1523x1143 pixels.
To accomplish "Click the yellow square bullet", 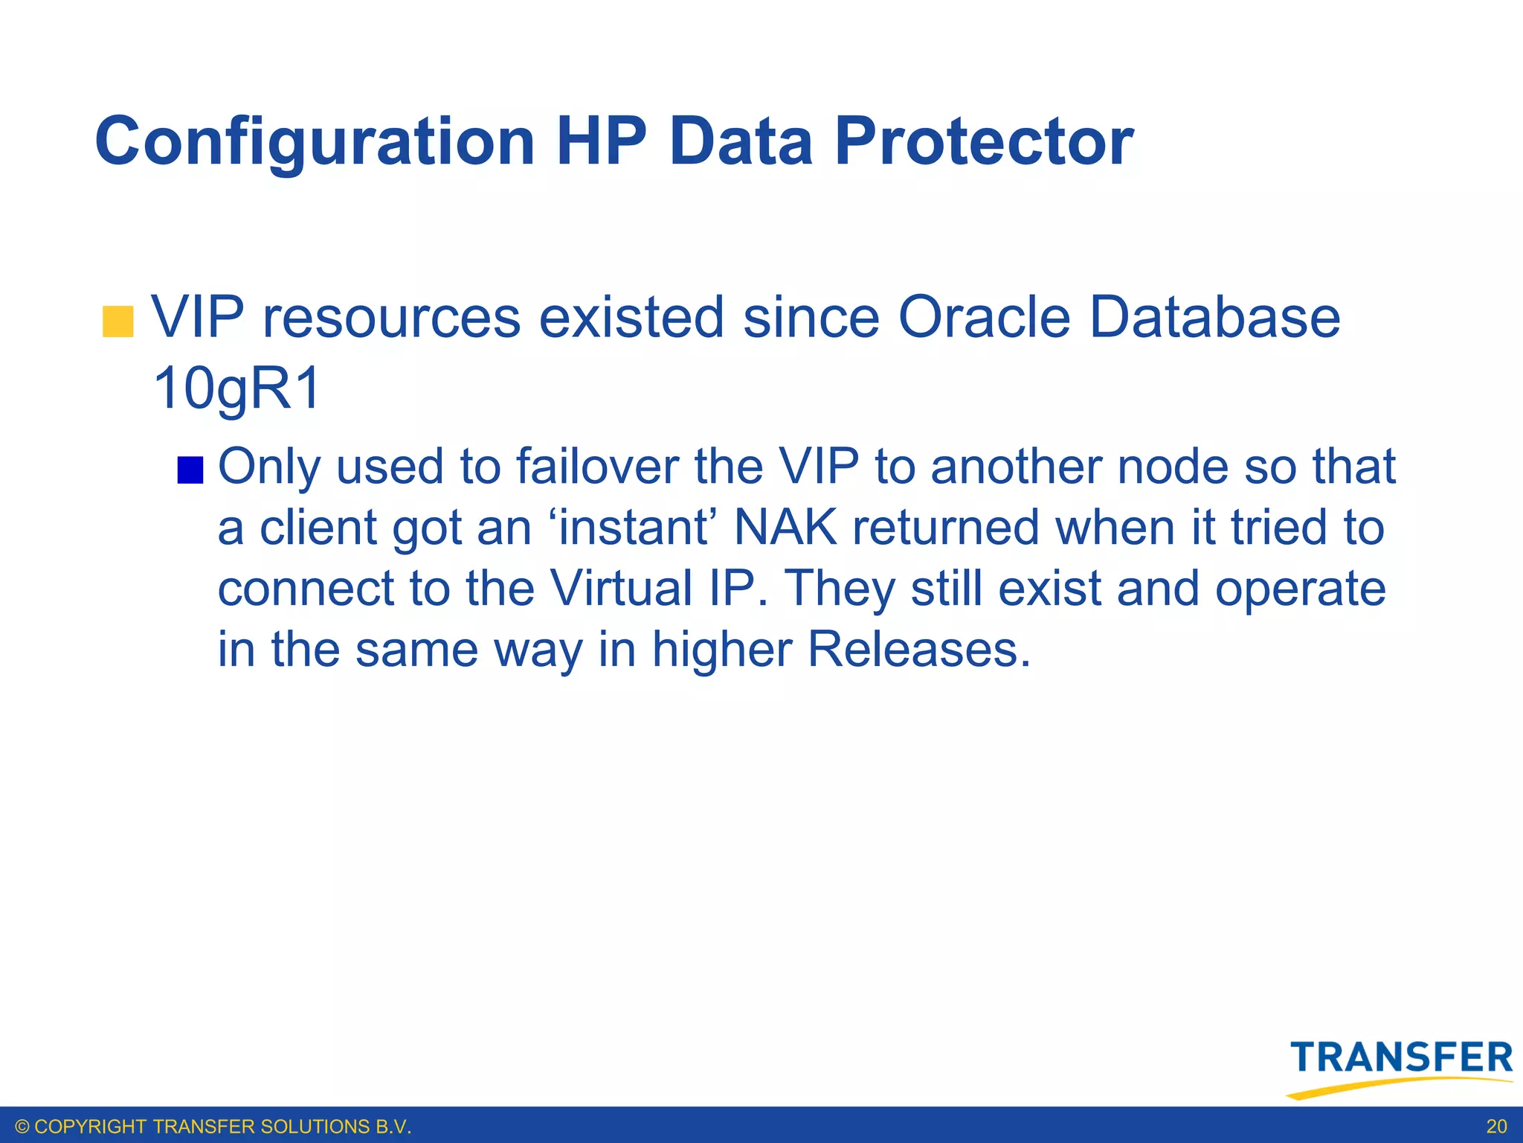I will (x=117, y=321).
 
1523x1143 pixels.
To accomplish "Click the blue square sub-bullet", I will (x=190, y=470).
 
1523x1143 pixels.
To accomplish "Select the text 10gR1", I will (x=236, y=388).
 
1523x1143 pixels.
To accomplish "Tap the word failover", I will (x=597, y=467).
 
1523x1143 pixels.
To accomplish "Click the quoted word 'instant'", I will (x=631, y=528).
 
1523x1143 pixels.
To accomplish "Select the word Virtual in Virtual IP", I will (x=621, y=589).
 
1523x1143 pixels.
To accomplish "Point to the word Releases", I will (x=919, y=650).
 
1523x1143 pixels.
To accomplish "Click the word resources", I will (x=391, y=318).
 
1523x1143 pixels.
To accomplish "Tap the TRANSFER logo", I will (x=1401, y=1057).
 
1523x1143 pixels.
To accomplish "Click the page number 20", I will (x=1496, y=1127).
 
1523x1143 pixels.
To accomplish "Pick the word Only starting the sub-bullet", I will (x=270, y=467).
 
